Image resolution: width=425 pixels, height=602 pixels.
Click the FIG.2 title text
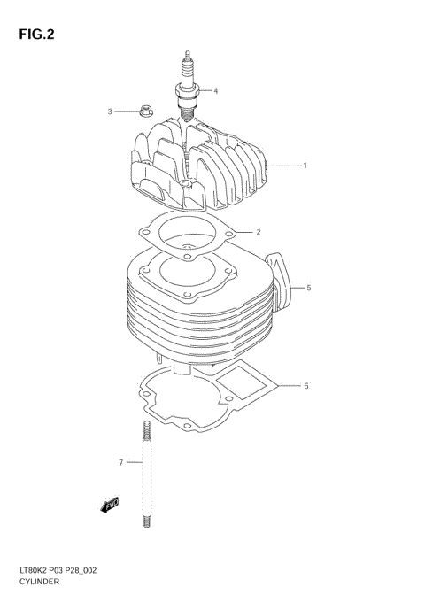pos(35,35)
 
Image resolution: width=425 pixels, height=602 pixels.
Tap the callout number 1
pos(305,166)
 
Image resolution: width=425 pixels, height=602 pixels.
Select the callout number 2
pos(258,233)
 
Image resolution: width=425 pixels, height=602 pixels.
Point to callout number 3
pos(111,112)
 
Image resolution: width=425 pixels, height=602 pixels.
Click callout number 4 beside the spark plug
pos(215,90)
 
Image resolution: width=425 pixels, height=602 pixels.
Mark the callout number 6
pos(305,386)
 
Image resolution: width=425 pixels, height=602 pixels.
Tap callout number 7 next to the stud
pos(120,462)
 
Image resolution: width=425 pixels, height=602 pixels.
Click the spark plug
pos(187,84)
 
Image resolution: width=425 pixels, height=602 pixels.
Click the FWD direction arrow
pos(111,506)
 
